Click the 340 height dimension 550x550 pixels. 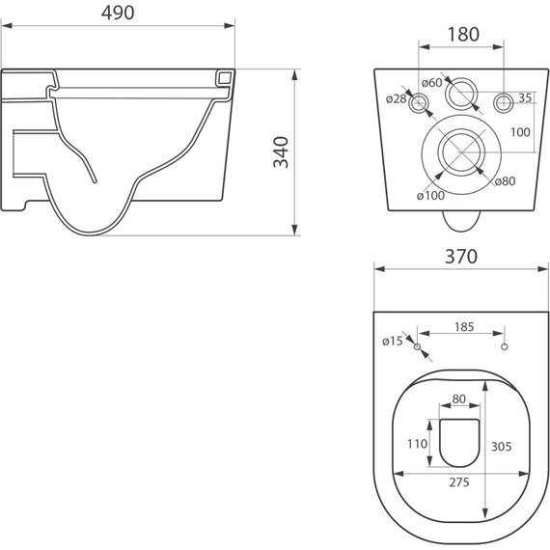point(282,151)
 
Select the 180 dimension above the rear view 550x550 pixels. point(463,34)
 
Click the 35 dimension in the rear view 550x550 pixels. point(525,97)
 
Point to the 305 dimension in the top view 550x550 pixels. point(500,446)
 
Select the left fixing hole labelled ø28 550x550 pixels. point(421,103)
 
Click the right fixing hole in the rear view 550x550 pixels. point(503,103)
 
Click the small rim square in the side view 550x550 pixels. point(226,76)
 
